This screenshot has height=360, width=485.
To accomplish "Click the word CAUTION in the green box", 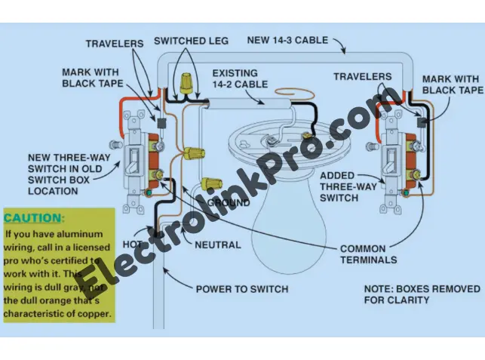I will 34,218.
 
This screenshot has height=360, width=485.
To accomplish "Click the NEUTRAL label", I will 218,245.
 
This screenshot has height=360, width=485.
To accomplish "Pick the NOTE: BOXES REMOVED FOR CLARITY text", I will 421,294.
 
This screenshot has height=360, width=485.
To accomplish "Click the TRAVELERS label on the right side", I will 362,76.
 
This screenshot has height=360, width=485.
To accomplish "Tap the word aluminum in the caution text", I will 87,234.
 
